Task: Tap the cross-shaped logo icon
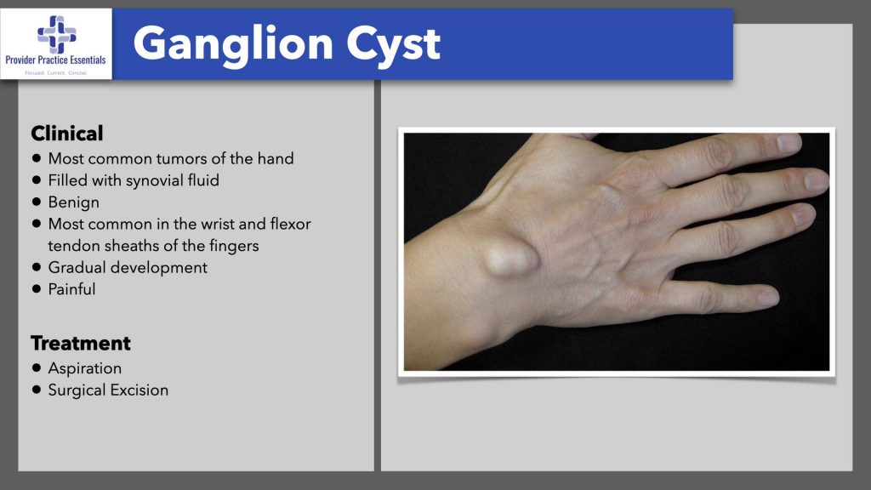coord(56,32)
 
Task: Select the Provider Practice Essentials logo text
coord(56,60)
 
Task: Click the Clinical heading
coord(67,134)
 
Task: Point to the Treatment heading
coord(81,344)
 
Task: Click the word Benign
coord(74,202)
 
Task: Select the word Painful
coord(72,289)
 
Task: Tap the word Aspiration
coord(85,368)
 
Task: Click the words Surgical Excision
coord(108,390)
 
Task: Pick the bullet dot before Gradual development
coord(37,267)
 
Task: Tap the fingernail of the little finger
coord(768,297)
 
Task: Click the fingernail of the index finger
coord(789,143)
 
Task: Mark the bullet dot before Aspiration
coord(37,368)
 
